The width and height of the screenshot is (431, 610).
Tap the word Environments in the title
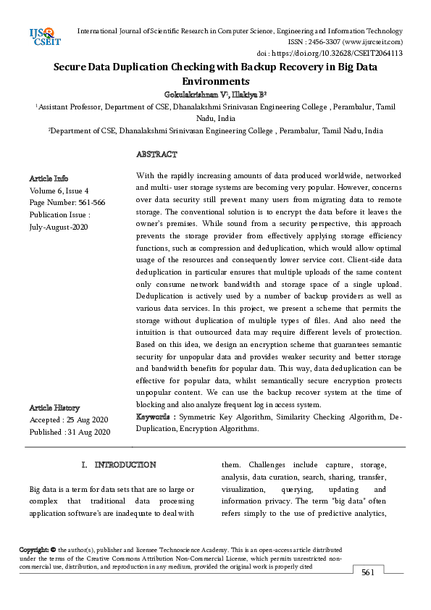tap(216, 82)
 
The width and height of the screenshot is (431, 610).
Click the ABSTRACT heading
tap(156, 154)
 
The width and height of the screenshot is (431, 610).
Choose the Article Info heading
tap(49, 178)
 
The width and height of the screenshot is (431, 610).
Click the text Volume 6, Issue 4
tap(59, 191)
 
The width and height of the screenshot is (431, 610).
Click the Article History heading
tap(54, 408)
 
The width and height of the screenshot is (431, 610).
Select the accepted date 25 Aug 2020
tap(88, 420)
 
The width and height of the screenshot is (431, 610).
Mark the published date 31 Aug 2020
tap(90, 433)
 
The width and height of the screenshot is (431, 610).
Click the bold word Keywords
tap(154, 417)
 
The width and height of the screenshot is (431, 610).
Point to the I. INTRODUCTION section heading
tap(118, 464)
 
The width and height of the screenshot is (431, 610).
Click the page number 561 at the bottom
tap(368, 573)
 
